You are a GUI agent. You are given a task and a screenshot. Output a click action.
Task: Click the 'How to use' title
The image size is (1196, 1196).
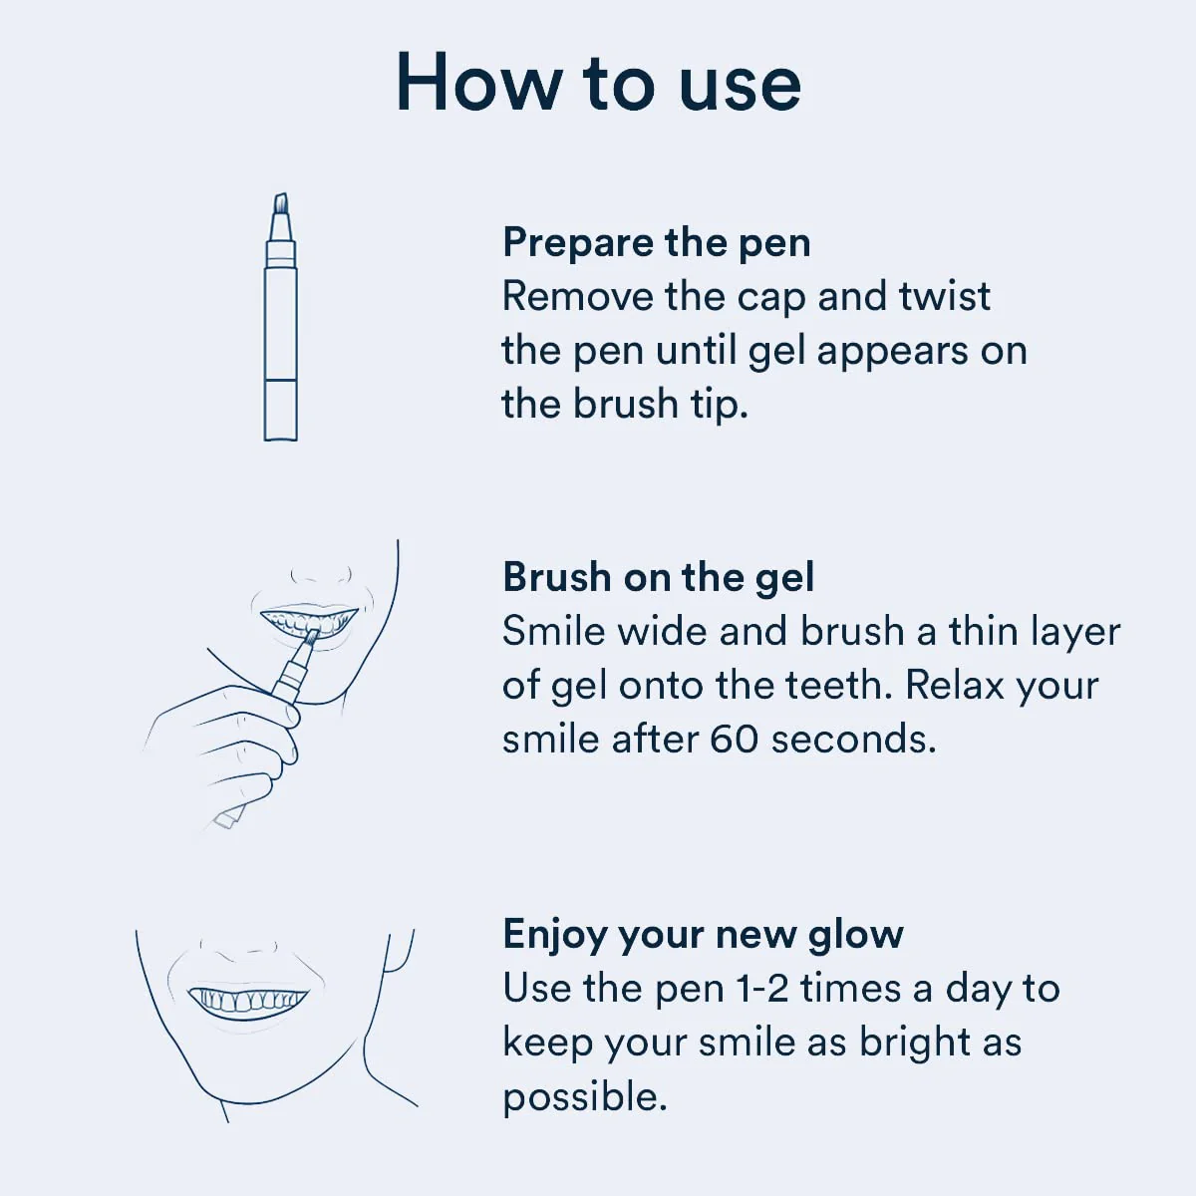[598, 83]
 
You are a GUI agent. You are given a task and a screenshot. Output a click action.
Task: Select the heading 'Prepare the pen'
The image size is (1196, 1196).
[656, 242]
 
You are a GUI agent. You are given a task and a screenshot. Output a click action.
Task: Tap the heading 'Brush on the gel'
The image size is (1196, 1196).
[658, 577]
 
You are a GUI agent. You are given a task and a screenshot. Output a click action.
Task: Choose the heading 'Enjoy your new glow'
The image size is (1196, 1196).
[703, 934]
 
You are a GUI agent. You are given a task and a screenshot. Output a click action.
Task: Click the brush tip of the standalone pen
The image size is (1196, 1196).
[281, 203]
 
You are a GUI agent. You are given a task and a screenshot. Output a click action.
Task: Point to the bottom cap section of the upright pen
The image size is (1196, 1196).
[281, 410]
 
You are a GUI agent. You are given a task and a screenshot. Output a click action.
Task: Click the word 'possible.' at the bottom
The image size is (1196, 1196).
[584, 1097]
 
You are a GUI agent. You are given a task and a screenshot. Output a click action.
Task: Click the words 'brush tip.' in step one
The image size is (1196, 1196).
[659, 404]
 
